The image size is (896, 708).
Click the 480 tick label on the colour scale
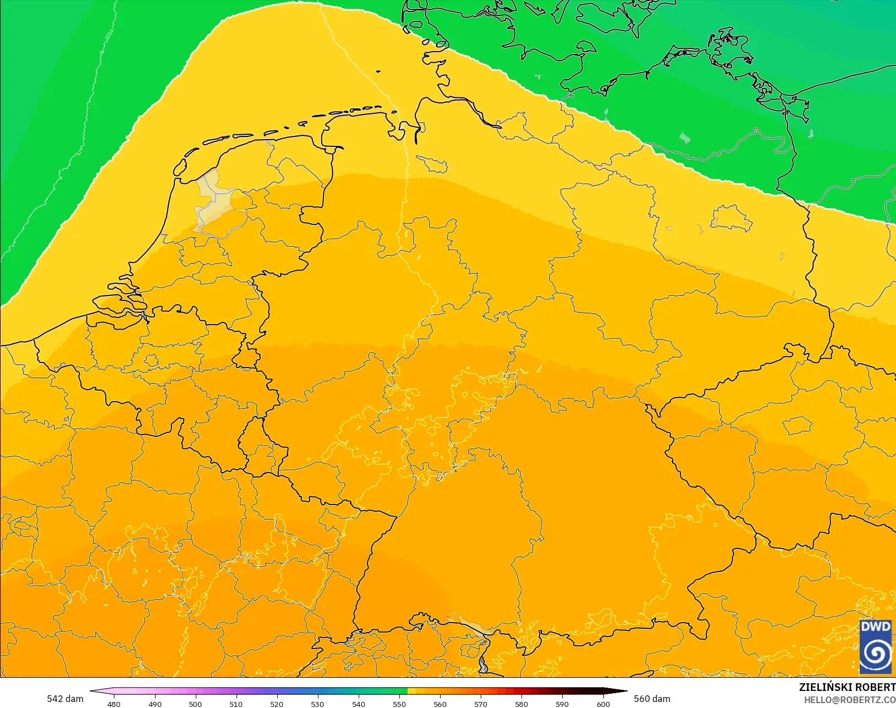[114, 704]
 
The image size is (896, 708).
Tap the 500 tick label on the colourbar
[195, 704]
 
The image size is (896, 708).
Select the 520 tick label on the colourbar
[277, 704]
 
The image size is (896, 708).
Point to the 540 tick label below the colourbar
[359, 704]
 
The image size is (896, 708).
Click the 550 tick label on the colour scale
[399, 704]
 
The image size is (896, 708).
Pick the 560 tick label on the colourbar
[440, 704]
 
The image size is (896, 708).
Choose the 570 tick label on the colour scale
[481, 704]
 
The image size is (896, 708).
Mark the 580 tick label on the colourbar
[521, 704]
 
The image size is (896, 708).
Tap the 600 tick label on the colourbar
[603, 704]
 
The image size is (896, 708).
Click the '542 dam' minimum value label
[65, 699]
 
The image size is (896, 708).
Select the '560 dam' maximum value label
[652, 699]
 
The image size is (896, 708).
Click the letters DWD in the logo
[875, 627]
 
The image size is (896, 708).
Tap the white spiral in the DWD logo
[875, 654]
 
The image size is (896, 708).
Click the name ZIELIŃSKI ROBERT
[847, 687]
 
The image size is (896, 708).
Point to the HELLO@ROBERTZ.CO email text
[850, 700]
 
